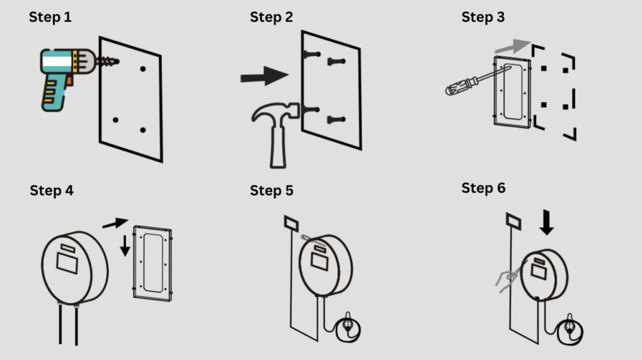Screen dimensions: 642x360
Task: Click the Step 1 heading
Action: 50,17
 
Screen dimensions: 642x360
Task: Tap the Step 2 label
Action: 272,17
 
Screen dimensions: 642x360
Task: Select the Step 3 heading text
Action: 483,17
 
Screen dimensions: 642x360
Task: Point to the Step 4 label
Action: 52,190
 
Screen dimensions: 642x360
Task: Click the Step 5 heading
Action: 272,190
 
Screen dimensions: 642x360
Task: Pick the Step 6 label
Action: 483,188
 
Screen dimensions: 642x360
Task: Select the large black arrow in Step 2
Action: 264,76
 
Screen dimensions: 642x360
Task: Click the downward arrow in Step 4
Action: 125,245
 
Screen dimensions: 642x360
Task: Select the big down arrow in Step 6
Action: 546,223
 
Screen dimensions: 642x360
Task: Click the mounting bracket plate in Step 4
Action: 152,263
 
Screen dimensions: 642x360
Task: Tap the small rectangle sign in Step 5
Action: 291,224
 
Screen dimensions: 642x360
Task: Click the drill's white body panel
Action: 57,62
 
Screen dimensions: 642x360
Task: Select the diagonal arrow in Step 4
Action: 115,223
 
